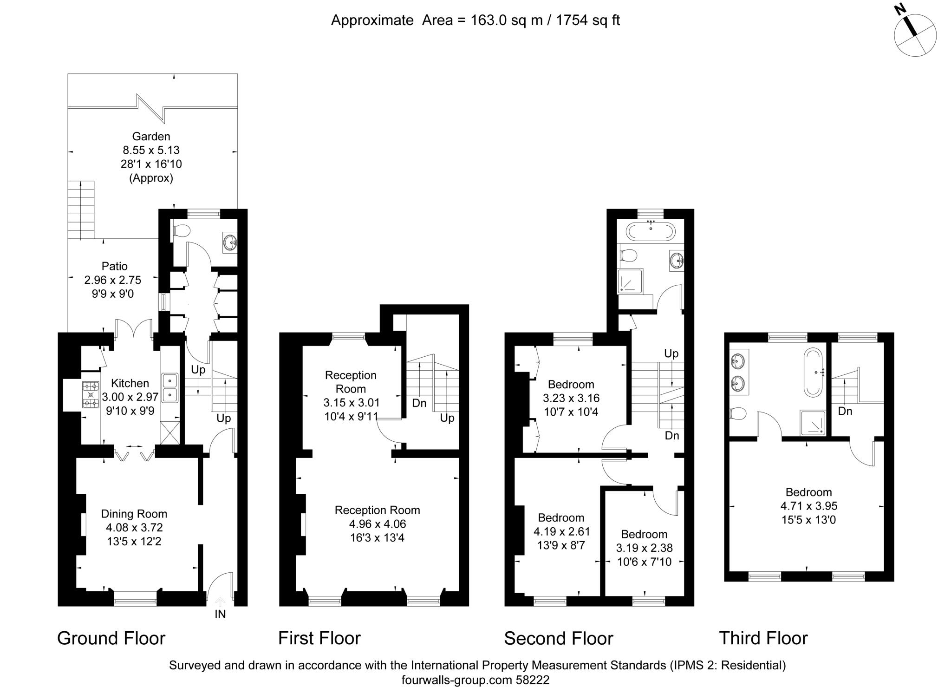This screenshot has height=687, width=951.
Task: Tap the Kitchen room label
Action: click(x=130, y=383)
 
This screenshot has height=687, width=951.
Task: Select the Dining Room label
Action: click(x=134, y=514)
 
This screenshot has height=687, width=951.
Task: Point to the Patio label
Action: click(x=115, y=266)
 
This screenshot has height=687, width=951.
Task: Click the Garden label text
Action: click(x=151, y=137)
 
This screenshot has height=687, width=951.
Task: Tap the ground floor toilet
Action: click(x=182, y=230)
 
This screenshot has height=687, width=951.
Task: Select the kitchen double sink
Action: click(x=170, y=387)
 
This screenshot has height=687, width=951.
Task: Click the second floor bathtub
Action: click(x=651, y=231)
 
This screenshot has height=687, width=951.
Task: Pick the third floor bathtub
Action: click(x=814, y=372)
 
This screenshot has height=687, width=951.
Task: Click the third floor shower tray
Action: click(x=813, y=423)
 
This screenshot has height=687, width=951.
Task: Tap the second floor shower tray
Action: click(x=631, y=281)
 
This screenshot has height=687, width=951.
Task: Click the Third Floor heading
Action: click(x=763, y=638)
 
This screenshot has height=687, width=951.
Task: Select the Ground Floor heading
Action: click(x=111, y=638)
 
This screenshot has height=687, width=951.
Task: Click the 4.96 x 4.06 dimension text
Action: click(x=378, y=524)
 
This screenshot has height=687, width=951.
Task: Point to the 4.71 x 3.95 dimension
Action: click(x=809, y=506)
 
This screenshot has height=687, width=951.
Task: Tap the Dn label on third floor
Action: click(x=845, y=411)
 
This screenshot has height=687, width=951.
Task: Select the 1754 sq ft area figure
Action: click(x=588, y=20)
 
